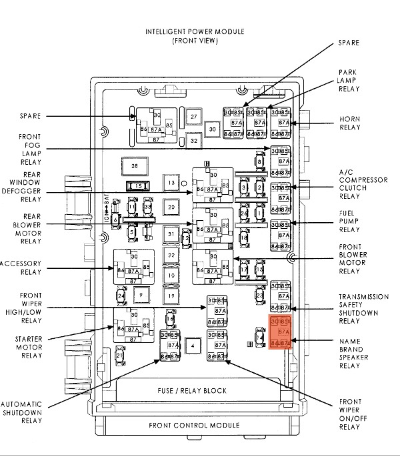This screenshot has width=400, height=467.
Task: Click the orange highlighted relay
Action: point(281,332)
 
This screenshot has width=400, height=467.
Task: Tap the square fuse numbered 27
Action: point(194,117)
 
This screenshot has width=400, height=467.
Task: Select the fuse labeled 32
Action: point(194,140)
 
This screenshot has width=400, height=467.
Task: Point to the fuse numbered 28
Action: point(134,165)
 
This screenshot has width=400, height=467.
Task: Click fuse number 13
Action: point(171,183)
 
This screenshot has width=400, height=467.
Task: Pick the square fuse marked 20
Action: point(171,207)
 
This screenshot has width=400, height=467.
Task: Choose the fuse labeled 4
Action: point(192,345)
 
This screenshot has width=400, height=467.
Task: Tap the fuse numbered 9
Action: point(141,293)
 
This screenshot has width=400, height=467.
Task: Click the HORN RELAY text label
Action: point(350,123)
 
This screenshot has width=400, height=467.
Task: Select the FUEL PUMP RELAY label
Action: point(350,221)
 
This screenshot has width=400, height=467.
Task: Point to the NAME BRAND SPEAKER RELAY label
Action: point(350,354)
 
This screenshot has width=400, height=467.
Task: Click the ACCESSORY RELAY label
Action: point(21,268)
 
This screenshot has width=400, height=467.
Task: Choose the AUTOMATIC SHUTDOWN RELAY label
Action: point(21,413)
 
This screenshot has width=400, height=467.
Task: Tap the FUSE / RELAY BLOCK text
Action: point(193,390)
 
